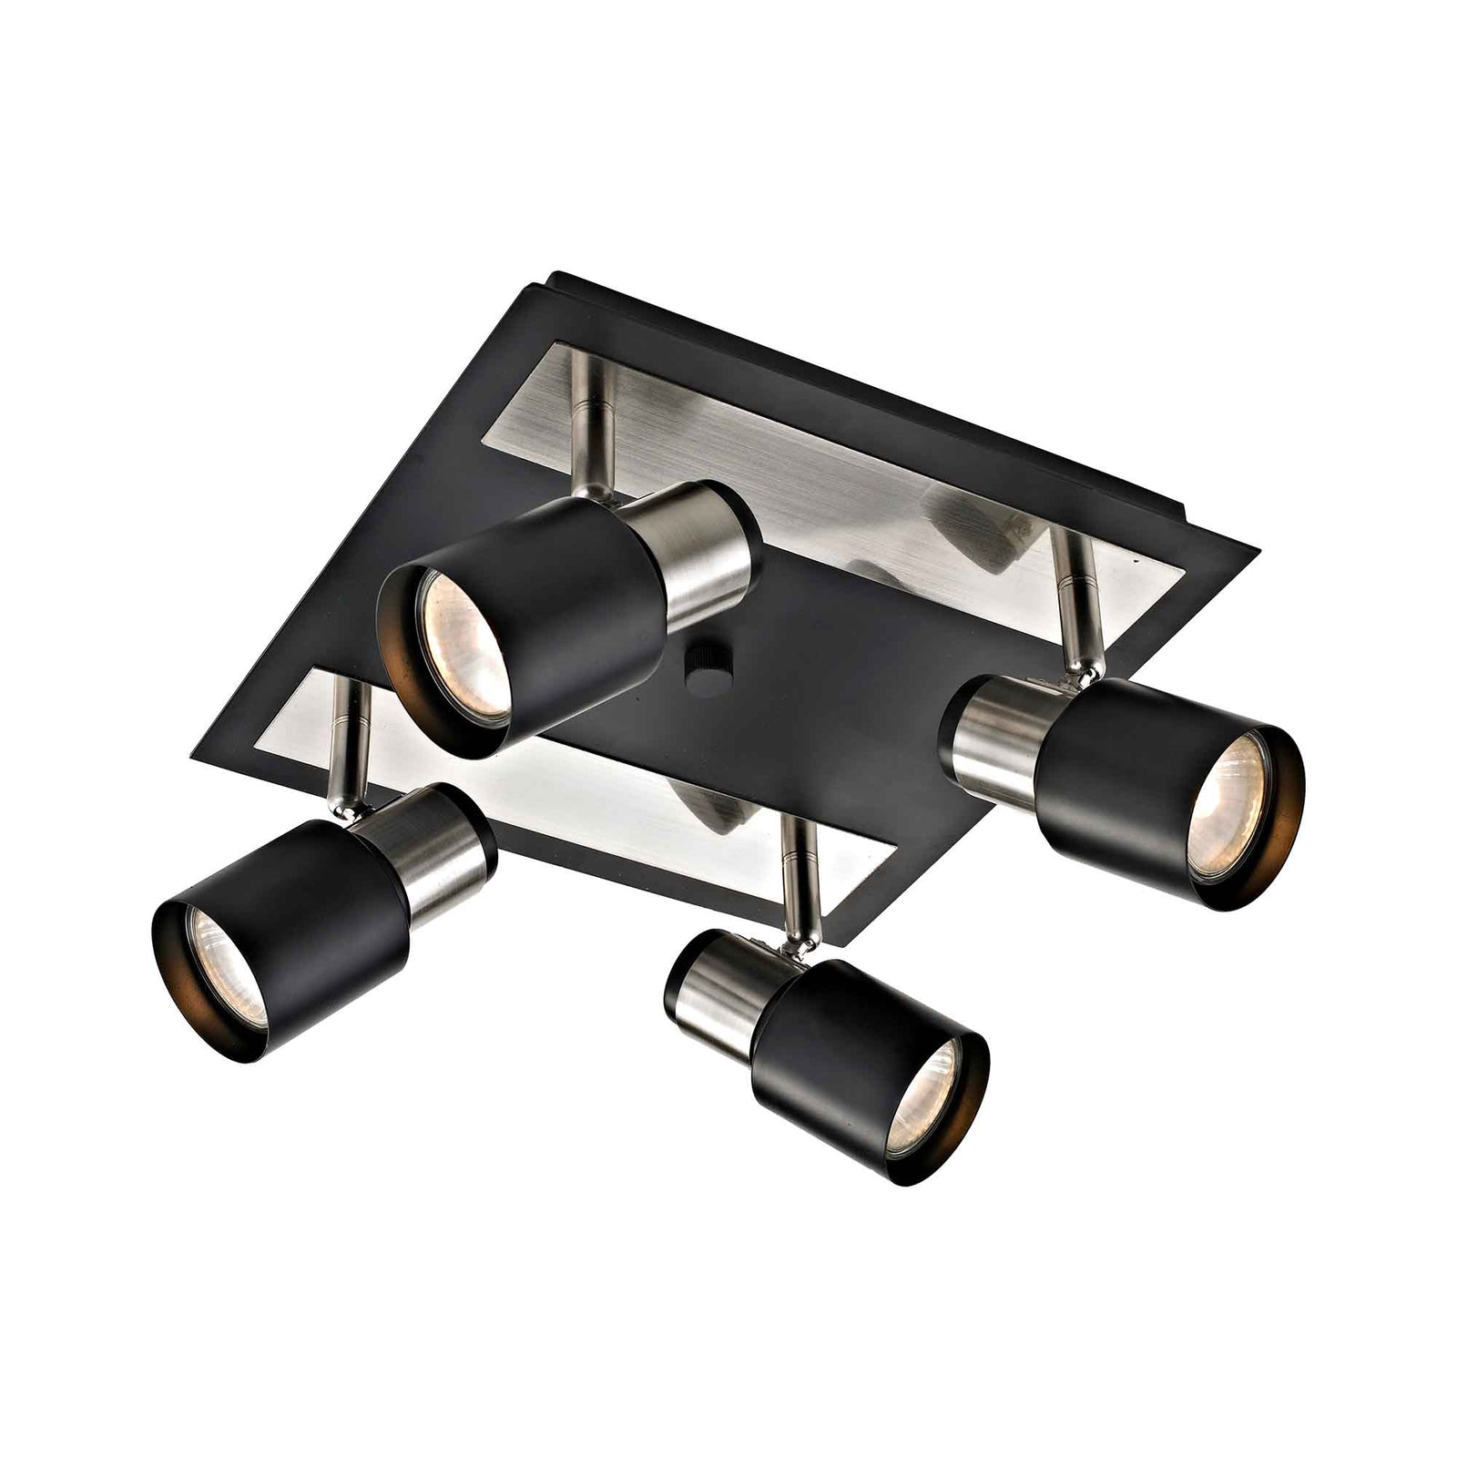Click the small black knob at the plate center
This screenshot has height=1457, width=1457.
[x=706, y=660]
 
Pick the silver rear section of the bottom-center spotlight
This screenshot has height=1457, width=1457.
[x=719, y=983]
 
